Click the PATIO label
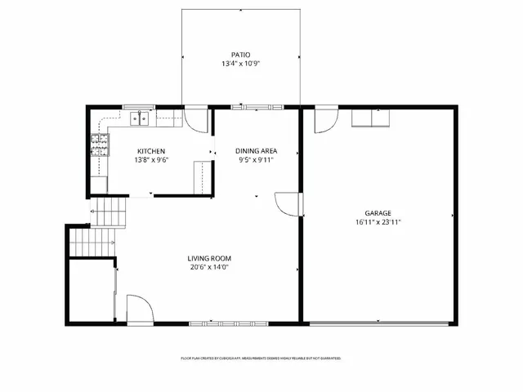pos(240,55)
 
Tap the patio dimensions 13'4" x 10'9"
pos(240,64)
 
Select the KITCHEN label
pos(151,151)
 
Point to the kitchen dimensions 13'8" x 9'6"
pos(151,160)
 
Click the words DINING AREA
pos(256,151)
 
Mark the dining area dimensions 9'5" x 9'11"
pos(256,160)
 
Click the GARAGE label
pos(378,212)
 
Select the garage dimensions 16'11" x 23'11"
pos(378,221)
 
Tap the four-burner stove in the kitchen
pos(99,146)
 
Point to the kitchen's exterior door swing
pos(196,119)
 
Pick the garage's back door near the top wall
pos(325,119)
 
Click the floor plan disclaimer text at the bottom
pos(261,359)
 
